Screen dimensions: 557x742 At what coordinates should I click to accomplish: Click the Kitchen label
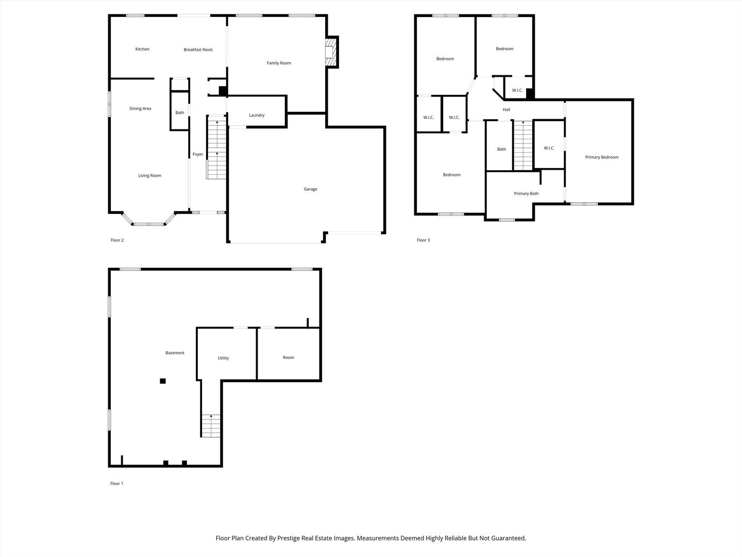coord(142,50)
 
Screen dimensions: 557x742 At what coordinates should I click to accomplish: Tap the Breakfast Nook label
coord(198,50)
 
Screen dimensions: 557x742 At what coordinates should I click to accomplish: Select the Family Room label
coord(279,63)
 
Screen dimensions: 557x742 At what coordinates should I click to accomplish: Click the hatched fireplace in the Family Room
coord(329,52)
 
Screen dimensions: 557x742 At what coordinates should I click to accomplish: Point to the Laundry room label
coord(257,116)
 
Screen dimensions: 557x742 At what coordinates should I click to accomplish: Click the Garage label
coord(310,189)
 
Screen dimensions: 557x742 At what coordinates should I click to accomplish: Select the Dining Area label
coord(140,109)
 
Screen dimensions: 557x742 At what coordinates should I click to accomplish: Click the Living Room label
coord(149,176)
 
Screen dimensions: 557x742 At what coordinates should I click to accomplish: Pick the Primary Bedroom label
coord(601,157)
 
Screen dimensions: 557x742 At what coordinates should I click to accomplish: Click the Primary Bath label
coord(526,194)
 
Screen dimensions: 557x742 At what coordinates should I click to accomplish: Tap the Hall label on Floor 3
coord(507,110)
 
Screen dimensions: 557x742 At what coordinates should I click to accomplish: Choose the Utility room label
coord(223,358)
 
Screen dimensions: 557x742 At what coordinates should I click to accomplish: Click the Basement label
coord(175,353)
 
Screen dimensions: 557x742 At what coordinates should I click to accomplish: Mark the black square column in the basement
coord(163,381)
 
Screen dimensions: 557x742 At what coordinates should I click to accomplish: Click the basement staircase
coord(211,425)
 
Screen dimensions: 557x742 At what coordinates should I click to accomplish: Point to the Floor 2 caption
coord(117,240)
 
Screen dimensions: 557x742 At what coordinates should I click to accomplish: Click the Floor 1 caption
coord(116,484)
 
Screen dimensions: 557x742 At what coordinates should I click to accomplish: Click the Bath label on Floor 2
coord(179,113)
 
